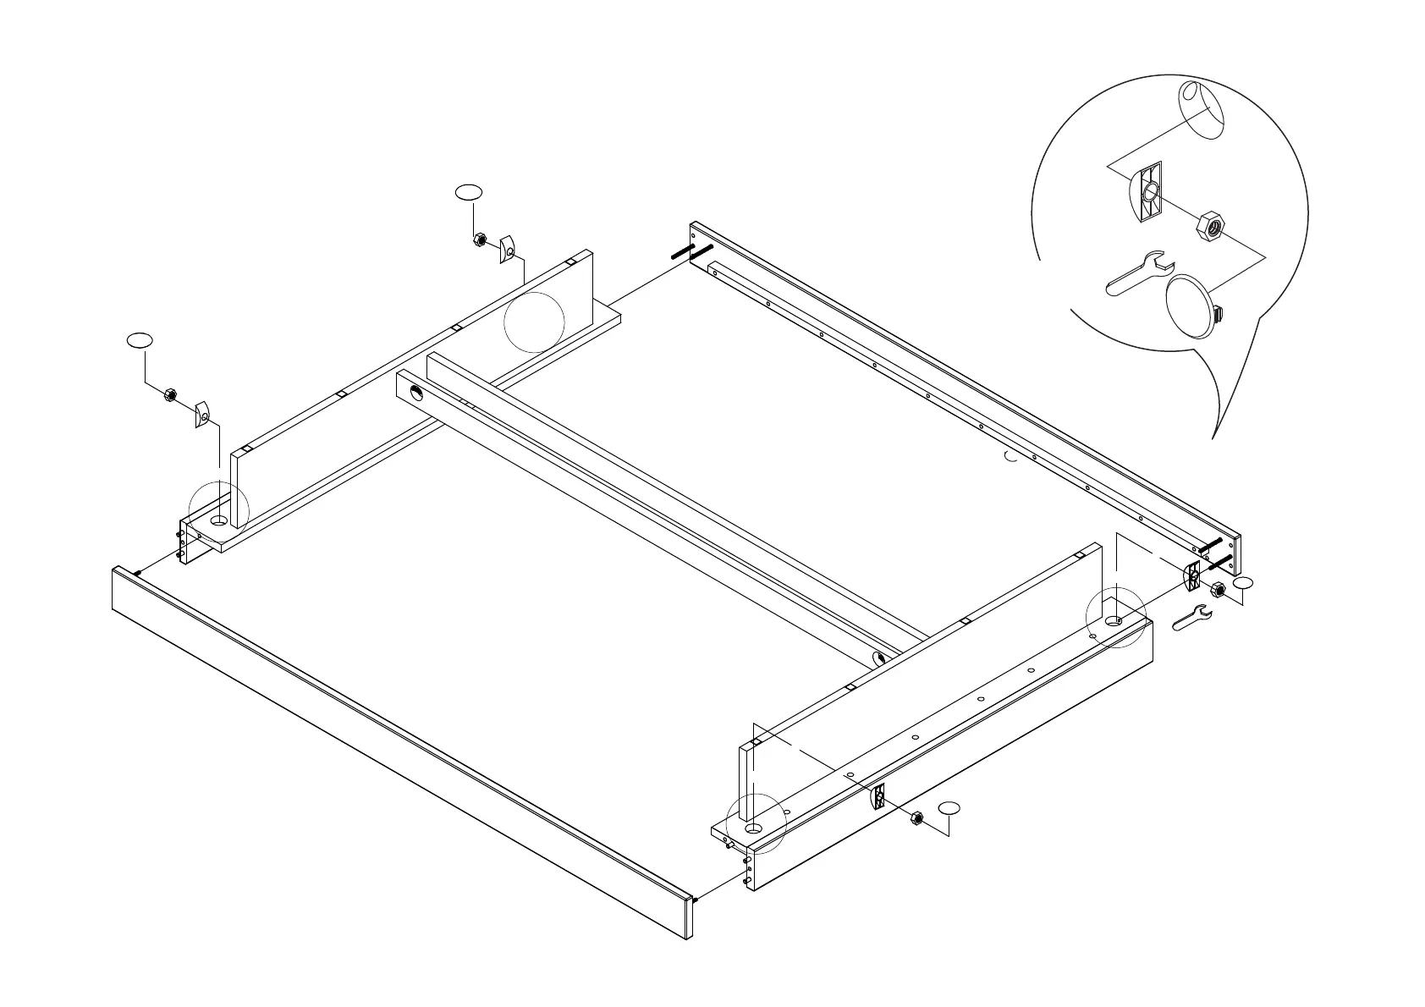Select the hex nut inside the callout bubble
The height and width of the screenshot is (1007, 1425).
click(x=1208, y=227)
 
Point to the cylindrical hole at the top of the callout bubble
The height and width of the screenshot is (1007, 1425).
click(x=1201, y=108)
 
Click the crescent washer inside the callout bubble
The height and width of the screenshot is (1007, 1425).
click(x=1146, y=193)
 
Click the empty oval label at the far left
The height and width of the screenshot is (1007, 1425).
click(x=140, y=339)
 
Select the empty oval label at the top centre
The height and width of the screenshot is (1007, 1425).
click(x=469, y=192)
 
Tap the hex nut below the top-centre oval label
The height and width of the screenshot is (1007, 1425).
click(x=478, y=240)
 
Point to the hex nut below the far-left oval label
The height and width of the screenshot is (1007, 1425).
click(x=168, y=394)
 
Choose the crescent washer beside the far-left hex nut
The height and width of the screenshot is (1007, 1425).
click(x=202, y=415)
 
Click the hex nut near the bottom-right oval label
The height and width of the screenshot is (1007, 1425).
click(x=916, y=817)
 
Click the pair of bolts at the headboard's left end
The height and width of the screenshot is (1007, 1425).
click(x=691, y=252)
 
